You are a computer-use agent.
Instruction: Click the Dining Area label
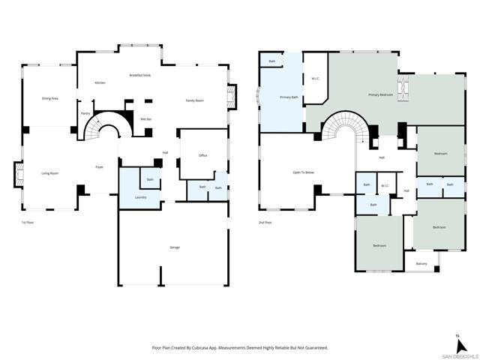pyautogui.click(x=50, y=99)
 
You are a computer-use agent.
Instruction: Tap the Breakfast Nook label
pyautogui.click(x=141, y=75)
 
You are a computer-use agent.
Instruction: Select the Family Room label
pyautogui.click(x=195, y=100)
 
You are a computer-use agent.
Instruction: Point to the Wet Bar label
pyautogui.click(x=147, y=119)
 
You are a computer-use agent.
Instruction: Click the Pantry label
pyautogui.click(x=85, y=113)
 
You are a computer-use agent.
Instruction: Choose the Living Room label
pyautogui.click(x=50, y=173)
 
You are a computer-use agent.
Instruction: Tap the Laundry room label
pyautogui.click(x=140, y=197)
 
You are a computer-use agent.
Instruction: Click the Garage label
pyautogui.click(x=174, y=247)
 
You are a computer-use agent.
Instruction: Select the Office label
pyautogui.click(x=202, y=155)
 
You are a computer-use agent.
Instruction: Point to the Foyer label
pyautogui.click(x=98, y=166)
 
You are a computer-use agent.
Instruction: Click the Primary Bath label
pyautogui.click(x=289, y=97)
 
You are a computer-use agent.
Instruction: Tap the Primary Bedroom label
pyautogui.click(x=381, y=95)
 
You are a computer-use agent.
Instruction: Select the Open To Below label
pyautogui.click(x=303, y=172)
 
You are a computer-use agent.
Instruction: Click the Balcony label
pyautogui.click(x=421, y=263)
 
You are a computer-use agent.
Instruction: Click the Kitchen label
pyautogui.click(x=100, y=82)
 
